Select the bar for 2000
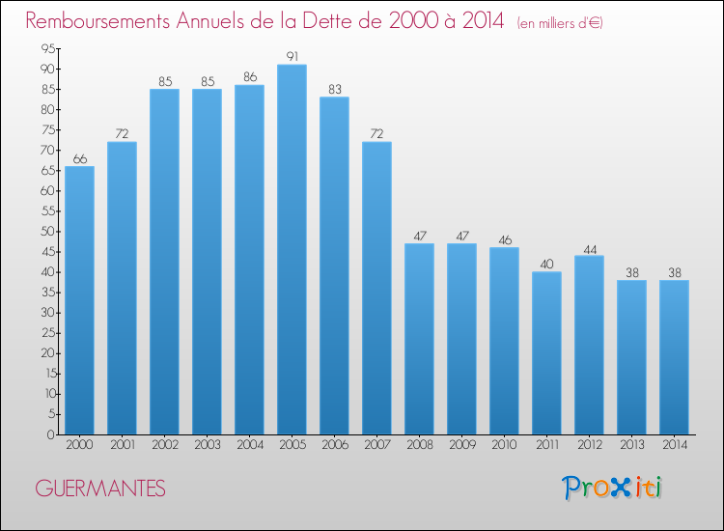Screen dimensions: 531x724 click(x=79, y=300)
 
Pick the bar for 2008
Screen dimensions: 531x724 click(x=419, y=339)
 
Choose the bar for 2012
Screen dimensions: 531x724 click(x=589, y=345)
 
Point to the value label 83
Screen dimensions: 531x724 click(x=334, y=89)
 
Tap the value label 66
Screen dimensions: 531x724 click(x=79, y=157)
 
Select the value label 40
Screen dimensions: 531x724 click(x=546, y=263)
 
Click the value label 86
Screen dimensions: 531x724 click(x=249, y=76)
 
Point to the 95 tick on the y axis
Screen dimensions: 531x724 click(x=47, y=49)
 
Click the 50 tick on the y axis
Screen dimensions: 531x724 click(x=47, y=232)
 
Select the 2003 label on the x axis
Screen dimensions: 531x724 click(x=207, y=446)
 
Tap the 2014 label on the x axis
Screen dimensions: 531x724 click(x=674, y=446)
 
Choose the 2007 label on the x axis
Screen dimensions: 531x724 click(x=376, y=446)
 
